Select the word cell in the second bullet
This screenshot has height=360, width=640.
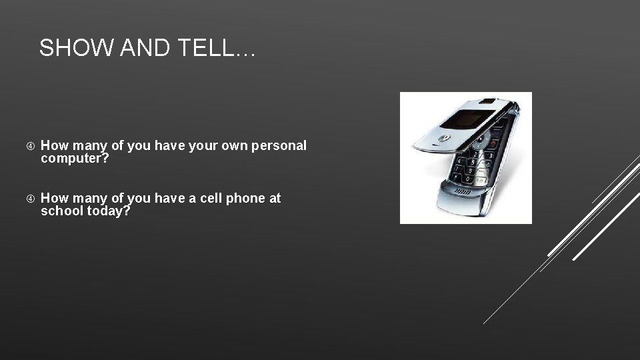tap(208, 198)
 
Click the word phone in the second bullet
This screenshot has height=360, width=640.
tap(243, 198)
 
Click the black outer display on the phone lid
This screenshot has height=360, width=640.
tap(465, 120)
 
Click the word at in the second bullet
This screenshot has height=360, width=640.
tap(274, 198)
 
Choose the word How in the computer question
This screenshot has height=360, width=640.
tap(54, 145)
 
